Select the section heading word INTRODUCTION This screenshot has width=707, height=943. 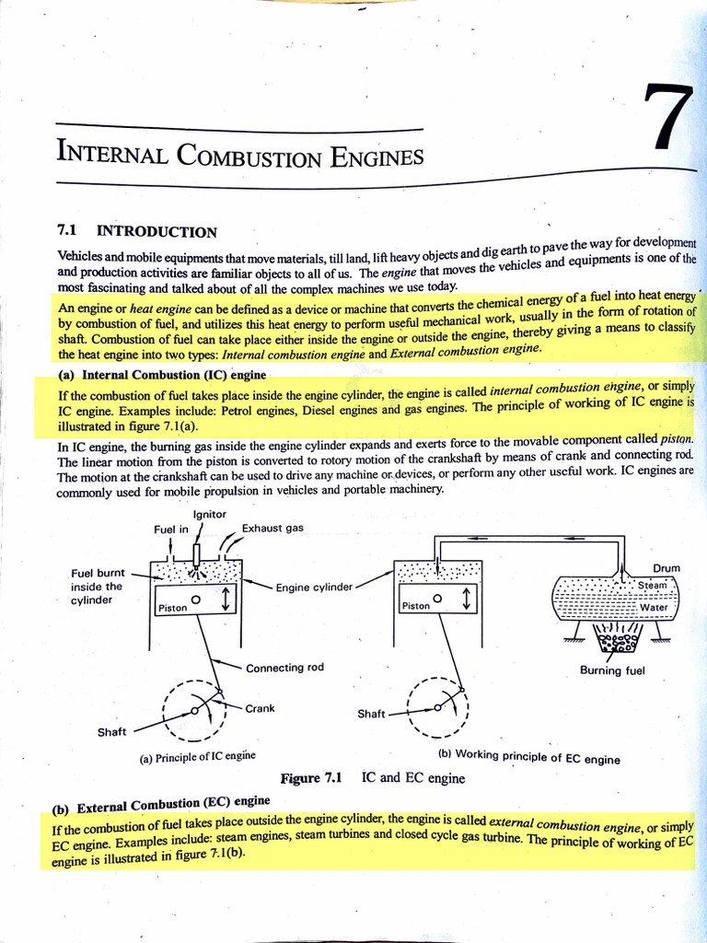157,232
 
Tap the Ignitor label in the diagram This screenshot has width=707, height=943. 210,514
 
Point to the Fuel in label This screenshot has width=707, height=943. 171,530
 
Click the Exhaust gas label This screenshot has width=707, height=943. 272,529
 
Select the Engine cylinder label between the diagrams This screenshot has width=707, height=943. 314,588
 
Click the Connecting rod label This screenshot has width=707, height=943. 284,668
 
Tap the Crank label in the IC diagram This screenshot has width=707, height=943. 261,708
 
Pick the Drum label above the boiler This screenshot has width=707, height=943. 666,569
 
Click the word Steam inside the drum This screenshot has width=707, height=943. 652,585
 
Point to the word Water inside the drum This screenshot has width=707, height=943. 654,607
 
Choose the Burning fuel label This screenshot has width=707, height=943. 612,670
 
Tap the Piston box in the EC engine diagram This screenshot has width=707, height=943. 415,606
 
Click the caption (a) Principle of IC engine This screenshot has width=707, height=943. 197,756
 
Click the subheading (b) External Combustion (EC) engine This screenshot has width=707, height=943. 161,806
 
